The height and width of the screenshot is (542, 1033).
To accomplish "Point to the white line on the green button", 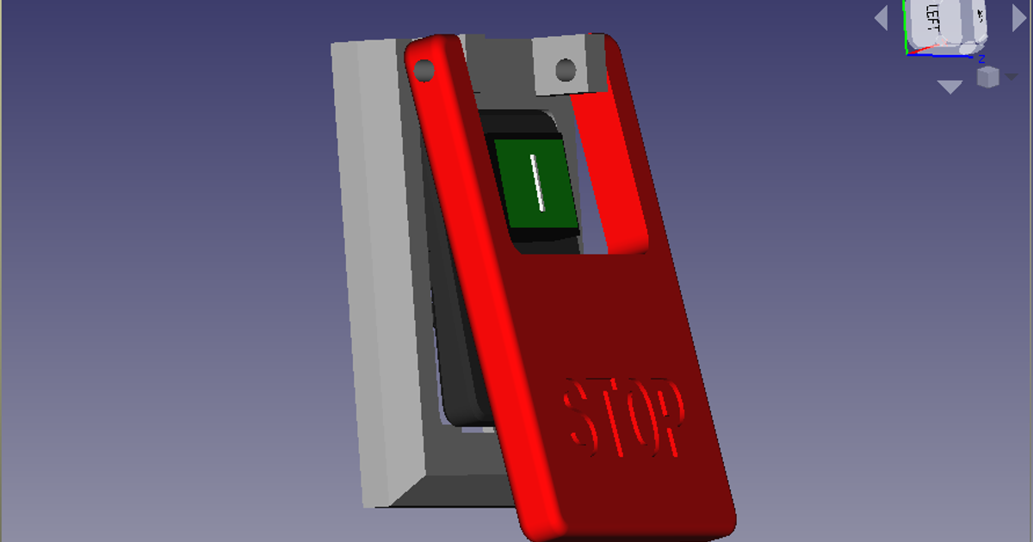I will (537, 182).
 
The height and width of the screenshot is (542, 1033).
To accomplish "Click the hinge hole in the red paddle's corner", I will (424, 69).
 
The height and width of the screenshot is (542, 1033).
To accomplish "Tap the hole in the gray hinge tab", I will (566, 68).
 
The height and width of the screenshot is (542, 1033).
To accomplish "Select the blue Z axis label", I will (980, 59).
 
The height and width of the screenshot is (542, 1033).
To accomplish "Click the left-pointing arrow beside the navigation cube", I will (881, 17).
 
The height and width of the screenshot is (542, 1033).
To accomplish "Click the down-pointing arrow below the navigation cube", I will (949, 87).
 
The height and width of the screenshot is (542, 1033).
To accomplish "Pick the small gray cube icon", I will (987, 77).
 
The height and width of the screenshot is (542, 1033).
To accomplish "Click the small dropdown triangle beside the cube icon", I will (1010, 77).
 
